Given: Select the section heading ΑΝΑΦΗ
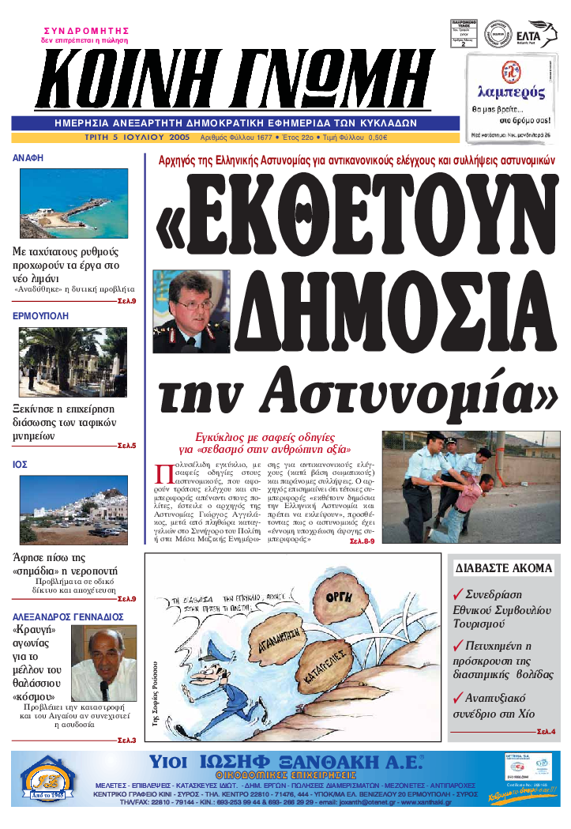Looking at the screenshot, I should click(x=28, y=158).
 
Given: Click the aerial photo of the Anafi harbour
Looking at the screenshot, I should click(x=73, y=204).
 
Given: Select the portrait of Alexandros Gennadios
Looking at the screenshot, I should click(x=103, y=665).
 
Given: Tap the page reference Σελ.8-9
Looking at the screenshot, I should click(x=362, y=541).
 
